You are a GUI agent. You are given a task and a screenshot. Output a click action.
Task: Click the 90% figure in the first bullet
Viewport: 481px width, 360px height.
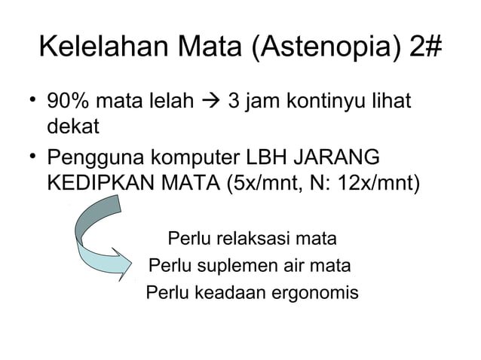coord(68,101)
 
